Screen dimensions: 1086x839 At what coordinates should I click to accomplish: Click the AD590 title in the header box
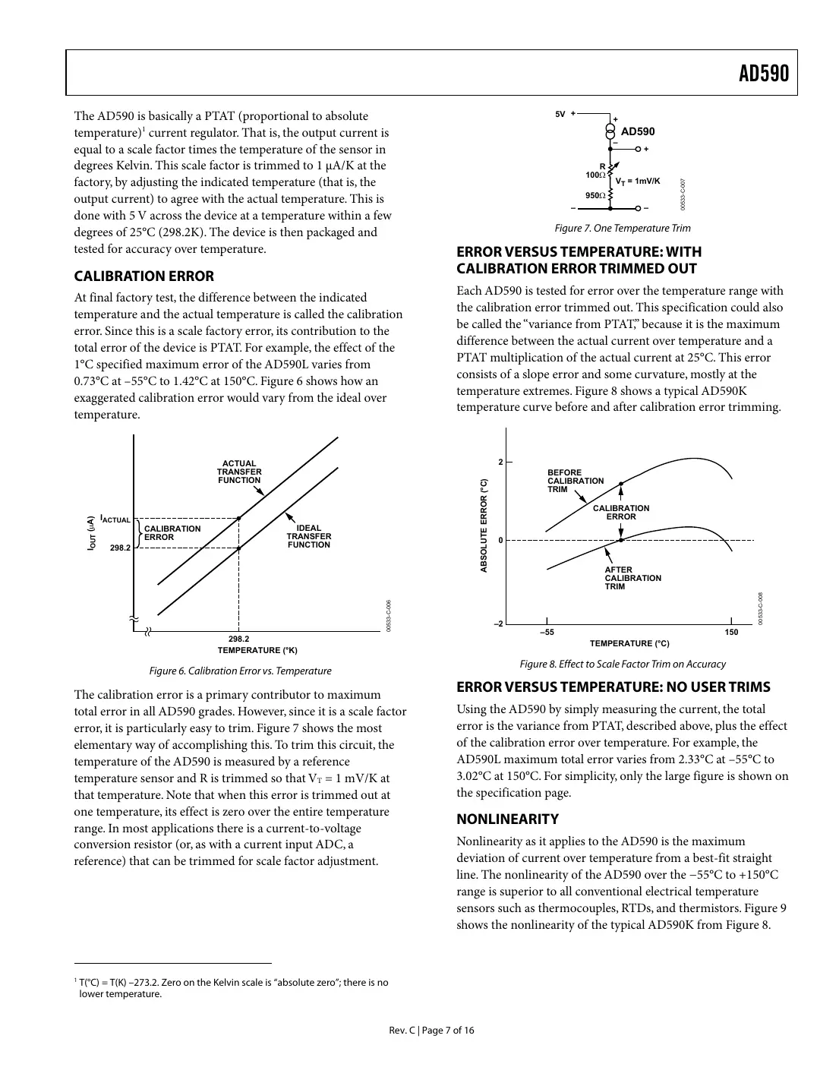click(764, 74)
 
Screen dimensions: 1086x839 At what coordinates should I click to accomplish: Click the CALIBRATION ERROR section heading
click(144, 276)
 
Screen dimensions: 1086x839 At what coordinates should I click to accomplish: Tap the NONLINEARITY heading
click(507, 819)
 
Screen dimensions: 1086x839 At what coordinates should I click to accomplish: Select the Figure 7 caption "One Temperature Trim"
click(622, 229)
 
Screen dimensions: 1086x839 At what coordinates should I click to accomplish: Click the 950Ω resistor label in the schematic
click(595, 196)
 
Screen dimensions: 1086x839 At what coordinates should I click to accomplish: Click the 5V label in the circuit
click(560, 115)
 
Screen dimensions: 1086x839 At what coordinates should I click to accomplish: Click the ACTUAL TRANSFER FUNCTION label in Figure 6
click(239, 472)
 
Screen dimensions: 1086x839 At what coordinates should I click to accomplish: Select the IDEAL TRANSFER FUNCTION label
click(308, 536)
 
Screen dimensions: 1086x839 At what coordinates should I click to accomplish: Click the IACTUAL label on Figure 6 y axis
click(115, 519)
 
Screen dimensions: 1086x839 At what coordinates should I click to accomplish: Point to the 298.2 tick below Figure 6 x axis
click(238, 639)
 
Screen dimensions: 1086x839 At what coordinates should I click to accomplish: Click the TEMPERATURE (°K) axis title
click(257, 651)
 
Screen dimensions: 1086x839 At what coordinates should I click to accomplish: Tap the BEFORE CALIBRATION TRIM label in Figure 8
click(575, 481)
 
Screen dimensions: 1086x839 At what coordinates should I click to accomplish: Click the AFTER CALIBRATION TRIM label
click(632, 578)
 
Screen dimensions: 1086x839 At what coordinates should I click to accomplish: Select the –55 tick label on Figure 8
click(547, 632)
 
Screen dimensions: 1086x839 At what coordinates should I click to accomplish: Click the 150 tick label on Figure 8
click(730, 632)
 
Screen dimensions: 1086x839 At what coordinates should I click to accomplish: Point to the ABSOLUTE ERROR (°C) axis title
click(484, 526)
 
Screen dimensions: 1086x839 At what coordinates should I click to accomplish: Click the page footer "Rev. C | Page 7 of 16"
click(431, 1031)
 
